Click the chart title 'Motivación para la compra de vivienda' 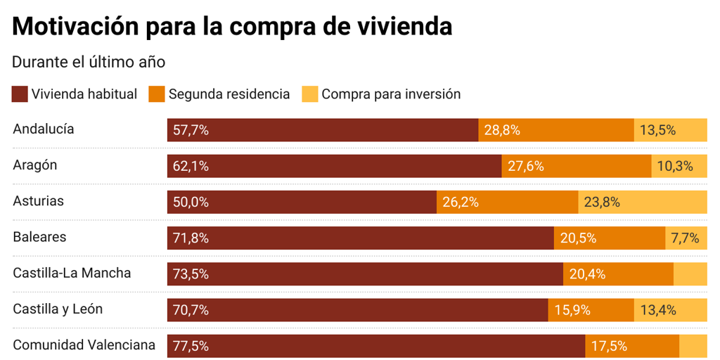click(x=232, y=26)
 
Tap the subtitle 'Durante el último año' click(x=89, y=62)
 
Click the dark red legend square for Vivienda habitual click(x=20, y=94)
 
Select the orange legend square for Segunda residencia click(x=157, y=94)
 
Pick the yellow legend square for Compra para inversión click(x=309, y=94)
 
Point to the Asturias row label click(x=38, y=201)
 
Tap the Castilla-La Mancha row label click(x=72, y=273)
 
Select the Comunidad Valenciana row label click(x=84, y=345)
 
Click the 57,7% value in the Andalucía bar click(x=191, y=130)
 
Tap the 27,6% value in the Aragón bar click(x=525, y=167)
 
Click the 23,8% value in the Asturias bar click(x=602, y=202)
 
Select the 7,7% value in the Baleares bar click(x=686, y=238)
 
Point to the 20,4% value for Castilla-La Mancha click(x=587, y=274)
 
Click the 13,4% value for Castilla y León click(x=658, y=310)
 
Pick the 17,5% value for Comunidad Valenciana click(x=609, y=346)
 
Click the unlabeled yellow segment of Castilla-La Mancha click(x=690, y=274)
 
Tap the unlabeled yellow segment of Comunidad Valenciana click(x=693, y=346)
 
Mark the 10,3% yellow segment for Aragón click(x=679, y=167)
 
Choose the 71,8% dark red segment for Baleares click(x=360, y=238)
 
